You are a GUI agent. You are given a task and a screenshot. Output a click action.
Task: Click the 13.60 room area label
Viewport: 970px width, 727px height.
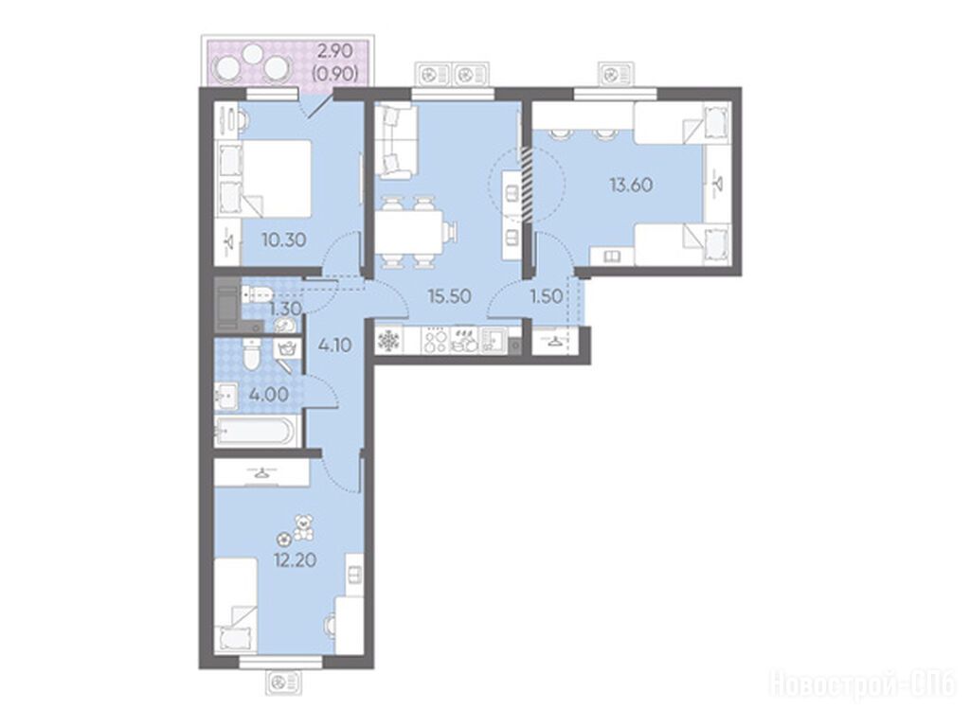(630, 185)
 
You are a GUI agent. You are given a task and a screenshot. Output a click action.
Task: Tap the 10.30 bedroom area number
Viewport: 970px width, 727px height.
(283, 239)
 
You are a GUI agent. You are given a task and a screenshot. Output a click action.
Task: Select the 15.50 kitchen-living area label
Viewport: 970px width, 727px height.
(450, 296)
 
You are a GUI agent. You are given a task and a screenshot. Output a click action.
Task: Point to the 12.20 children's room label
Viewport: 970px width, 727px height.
(296, 560)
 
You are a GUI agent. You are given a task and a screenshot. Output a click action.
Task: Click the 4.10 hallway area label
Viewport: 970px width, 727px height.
(334, 345)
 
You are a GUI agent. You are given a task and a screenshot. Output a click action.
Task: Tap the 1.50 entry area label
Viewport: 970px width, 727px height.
(547, 296)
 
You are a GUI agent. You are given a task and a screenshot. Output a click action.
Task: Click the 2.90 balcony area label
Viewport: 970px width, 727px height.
(335, 49)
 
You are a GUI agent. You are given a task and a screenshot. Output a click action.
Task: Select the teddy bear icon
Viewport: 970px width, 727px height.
(303, 526)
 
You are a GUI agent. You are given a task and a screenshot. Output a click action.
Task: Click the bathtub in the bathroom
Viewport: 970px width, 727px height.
(256, 431)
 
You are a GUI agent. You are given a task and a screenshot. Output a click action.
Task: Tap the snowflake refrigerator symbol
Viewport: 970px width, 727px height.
(388, 341)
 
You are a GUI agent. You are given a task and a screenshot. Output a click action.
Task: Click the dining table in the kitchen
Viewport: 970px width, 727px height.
(409, 232)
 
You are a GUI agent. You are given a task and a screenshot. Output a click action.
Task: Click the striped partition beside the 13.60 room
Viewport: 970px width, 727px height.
(527, 184)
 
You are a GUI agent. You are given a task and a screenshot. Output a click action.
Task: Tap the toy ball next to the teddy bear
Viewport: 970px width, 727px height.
(284, 539)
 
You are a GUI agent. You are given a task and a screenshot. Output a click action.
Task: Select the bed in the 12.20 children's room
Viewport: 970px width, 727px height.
(235, 605)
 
